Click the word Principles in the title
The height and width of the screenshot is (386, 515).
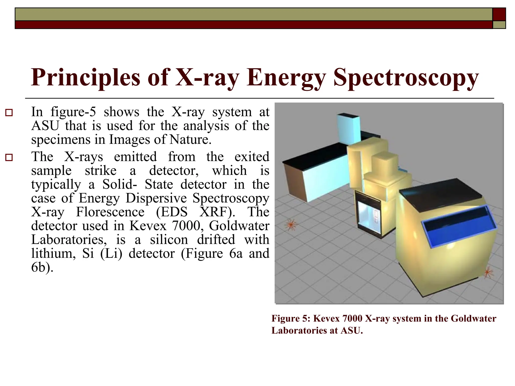coord(85,78)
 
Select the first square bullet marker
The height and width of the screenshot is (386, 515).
coord(9,112)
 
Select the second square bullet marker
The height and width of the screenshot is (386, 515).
coord(9,158)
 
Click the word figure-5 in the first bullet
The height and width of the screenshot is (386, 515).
coord(73,112)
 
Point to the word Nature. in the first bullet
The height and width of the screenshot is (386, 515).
coord(190,139)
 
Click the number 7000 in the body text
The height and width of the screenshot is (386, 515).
coord(188,226)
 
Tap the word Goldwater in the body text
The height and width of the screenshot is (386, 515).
coord(239,226)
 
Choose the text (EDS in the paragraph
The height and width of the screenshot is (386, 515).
coord(172,212)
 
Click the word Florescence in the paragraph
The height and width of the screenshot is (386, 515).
coord(110,212)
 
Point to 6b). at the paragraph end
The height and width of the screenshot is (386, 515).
coord(42,267)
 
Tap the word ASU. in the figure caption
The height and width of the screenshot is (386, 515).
coord(352,330)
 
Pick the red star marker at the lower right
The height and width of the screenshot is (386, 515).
coord(488,273)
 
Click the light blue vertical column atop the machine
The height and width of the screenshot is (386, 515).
coord(349,128)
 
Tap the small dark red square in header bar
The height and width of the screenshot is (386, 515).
coord(499,14)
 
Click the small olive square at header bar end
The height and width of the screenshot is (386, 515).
coord(499,25)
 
